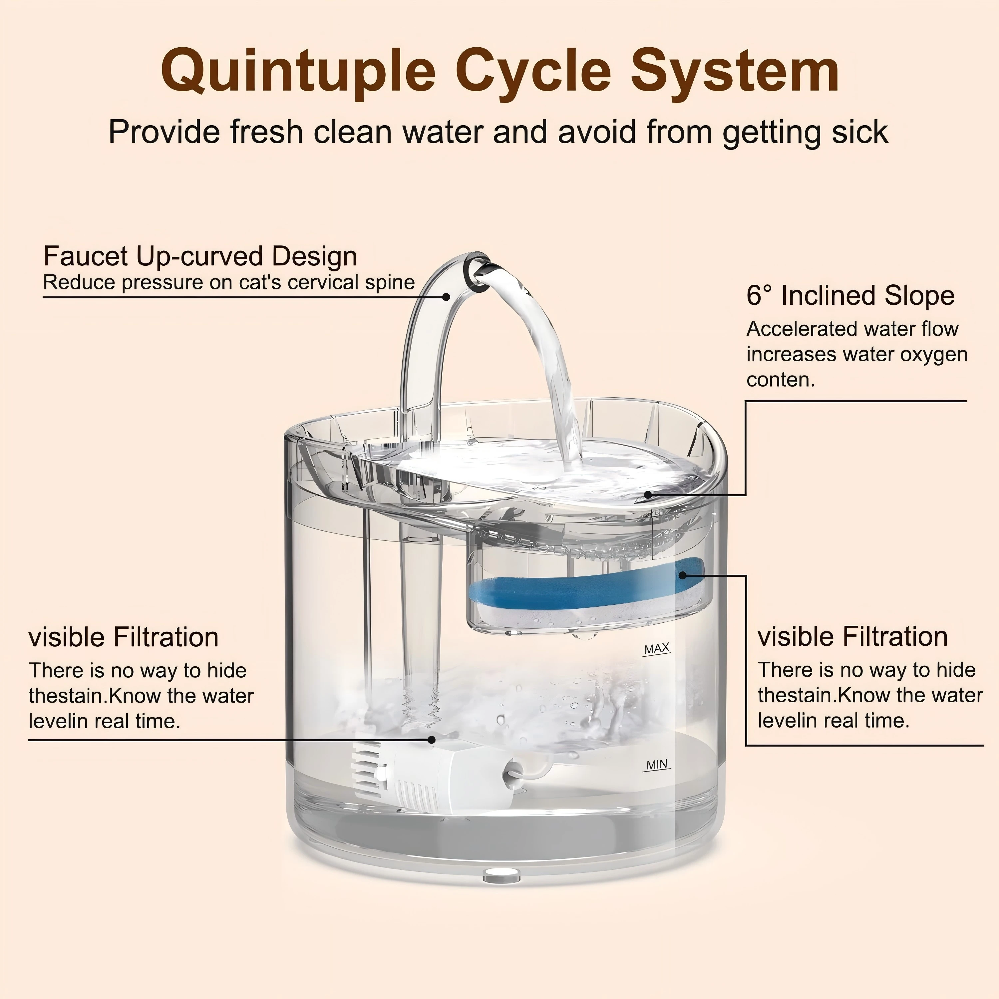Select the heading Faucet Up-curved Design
pyautogui.click(x=200, y=256)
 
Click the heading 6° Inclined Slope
pyautogui.click(x=850, y=296)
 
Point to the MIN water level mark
pyautogui.click(x=657, y=764)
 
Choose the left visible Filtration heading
pyautogui.click(x=124, y=637)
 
